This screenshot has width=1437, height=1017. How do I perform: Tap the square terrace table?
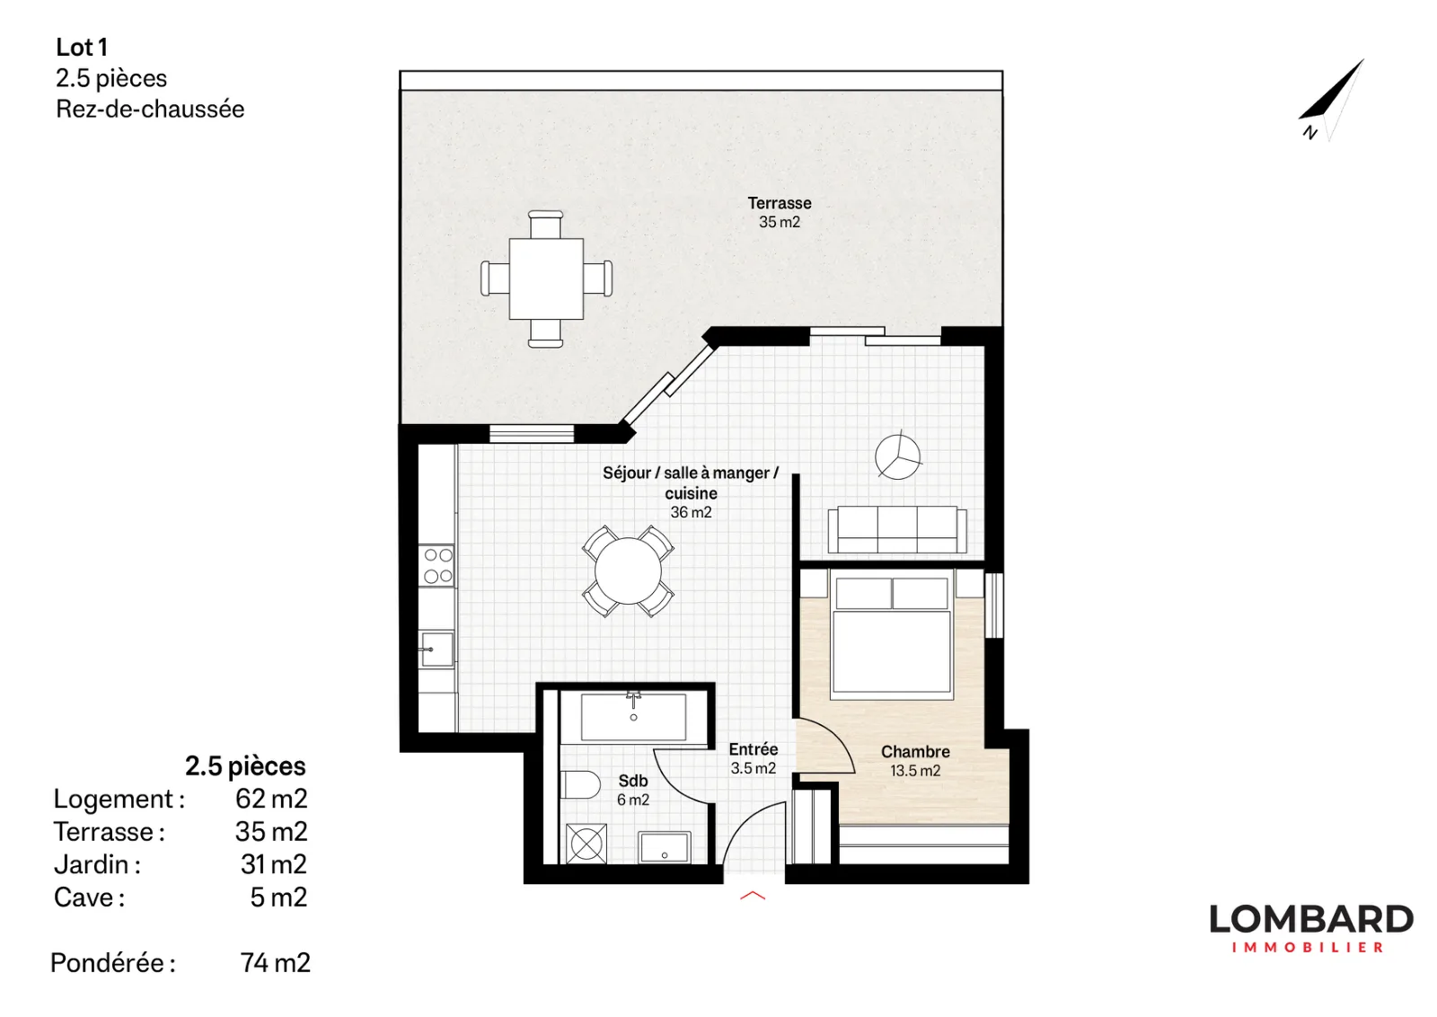click(x=546, y=279)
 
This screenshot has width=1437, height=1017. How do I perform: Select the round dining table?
click(x=628, y=570)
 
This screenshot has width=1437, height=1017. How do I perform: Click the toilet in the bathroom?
click(x=580, y=784)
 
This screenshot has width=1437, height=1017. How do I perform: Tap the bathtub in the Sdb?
click(x=634, y=717)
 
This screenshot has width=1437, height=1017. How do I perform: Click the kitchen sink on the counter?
click(x=436, y=650)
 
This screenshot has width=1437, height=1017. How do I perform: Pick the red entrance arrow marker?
click(x=753, y=895)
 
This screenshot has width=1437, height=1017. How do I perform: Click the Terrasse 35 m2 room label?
click(x=780, y=212)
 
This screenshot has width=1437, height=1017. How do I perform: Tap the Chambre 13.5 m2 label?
click(x=915, y=760)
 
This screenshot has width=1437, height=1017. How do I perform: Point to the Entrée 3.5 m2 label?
click(x=754, y=758)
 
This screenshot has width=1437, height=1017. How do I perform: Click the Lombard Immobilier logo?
click(x=1311, y=928)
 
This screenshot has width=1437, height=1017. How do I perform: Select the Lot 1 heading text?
click(x=82, y=47)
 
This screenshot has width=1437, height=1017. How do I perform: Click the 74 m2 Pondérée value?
click(x=275, y=962)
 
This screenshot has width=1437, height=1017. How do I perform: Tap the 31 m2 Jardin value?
click(x=274, y=864)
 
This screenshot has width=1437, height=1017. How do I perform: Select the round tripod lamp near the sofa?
click(x=897, y=455)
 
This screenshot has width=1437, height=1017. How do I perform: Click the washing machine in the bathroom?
click(x=586, y=843)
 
